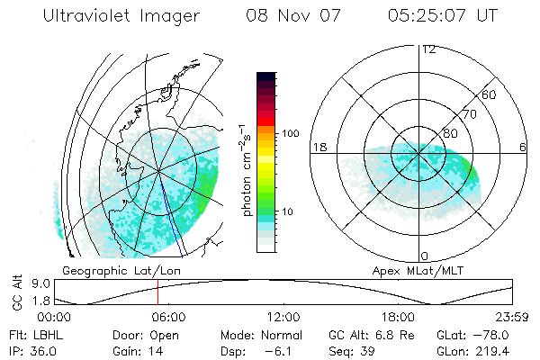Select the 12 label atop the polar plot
(x=428, y=49)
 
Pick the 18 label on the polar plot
(x=318, y=147)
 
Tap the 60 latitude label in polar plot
(x=490, y=94)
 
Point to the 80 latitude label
(x=450, y=133)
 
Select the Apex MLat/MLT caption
(x=410, y=270)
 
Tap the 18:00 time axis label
(x=398, y=317)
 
